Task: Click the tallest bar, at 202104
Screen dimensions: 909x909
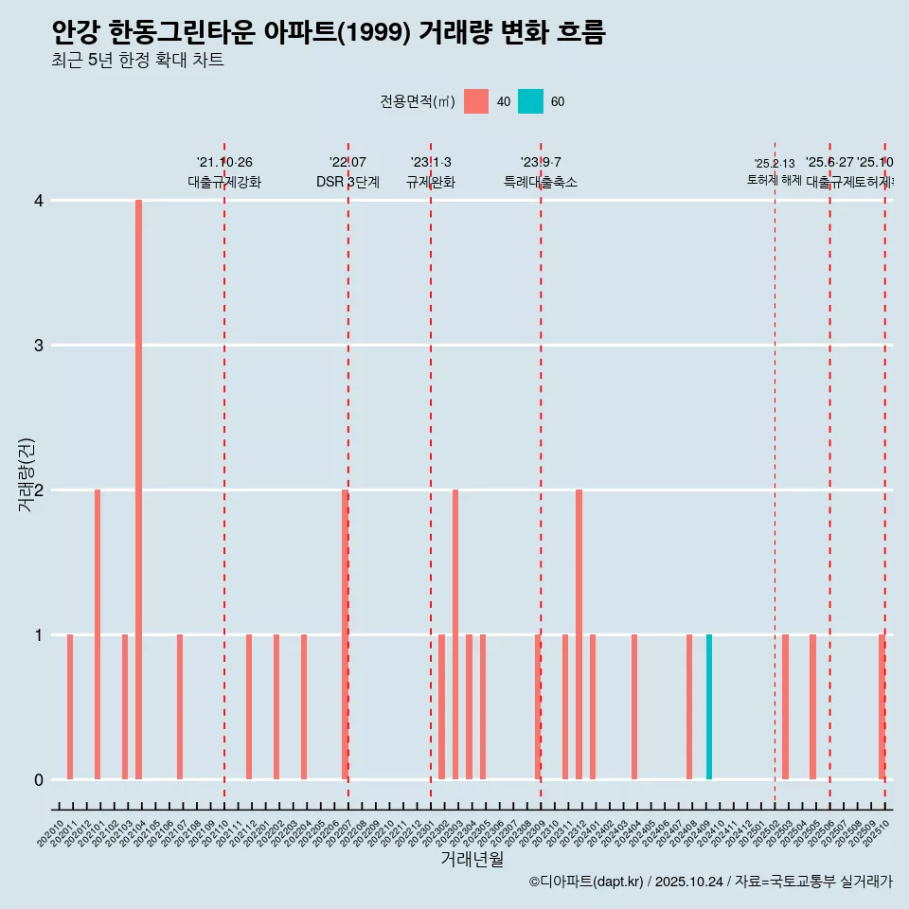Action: pos(138,490)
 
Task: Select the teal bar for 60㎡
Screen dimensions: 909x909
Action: pos(709,706)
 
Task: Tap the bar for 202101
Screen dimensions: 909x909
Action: pos(98,634)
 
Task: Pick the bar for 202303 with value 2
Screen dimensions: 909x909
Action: pos(455,634)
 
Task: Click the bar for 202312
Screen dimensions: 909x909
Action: pos(579,634)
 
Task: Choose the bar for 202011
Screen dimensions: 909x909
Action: pos(70,706)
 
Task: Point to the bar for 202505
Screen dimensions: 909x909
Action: pos(812,706)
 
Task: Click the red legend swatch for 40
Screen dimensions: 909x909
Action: pos(476,101)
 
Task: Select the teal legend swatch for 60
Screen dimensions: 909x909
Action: pos(530,101)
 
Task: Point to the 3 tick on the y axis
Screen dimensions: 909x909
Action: pos(38,345)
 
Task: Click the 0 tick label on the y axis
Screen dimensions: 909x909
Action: pos(38,779)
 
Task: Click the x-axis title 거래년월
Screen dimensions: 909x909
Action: pos(472,859)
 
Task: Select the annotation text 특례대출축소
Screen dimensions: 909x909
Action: pos(540,182)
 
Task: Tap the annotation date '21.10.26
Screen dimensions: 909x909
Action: pos(224,162)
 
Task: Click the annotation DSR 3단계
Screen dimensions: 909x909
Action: pos(348,182)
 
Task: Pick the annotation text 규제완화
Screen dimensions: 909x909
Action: pos(431,182)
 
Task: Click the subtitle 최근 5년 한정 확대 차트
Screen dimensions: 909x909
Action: pos(137,62)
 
